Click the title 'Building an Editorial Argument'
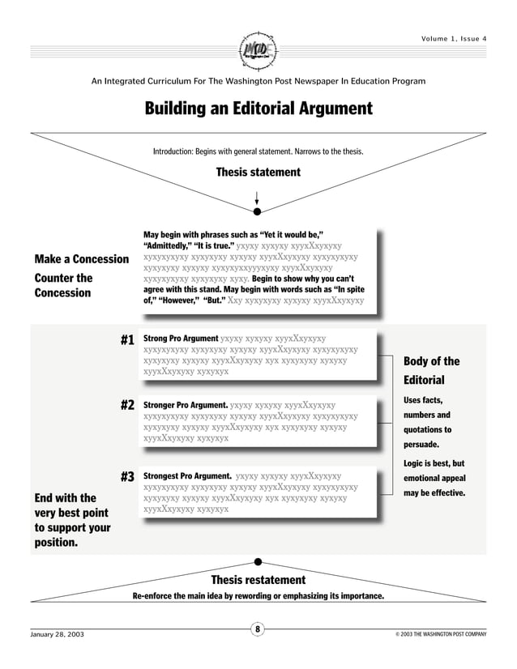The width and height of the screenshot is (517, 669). [258, 109]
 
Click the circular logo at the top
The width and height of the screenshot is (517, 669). [258, 50]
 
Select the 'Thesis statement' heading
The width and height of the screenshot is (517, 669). [258, 172]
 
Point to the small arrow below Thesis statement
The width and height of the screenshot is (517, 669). [257, 198]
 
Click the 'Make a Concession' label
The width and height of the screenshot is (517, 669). [81, 259]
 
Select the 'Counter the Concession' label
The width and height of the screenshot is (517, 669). [63, 285]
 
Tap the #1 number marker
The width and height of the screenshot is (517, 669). [126, 341]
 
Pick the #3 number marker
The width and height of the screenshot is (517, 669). [126, 477]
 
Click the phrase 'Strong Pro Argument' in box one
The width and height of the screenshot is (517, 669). [180, 338]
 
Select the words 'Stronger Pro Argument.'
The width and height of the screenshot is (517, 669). [185, 403]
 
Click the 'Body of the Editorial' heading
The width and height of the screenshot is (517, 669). [431, 370]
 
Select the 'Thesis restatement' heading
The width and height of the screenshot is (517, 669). [258, 580]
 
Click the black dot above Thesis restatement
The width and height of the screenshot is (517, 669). [258, 561]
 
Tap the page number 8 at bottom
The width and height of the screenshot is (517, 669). [258, 629]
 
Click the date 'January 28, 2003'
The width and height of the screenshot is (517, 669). [57, 634]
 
